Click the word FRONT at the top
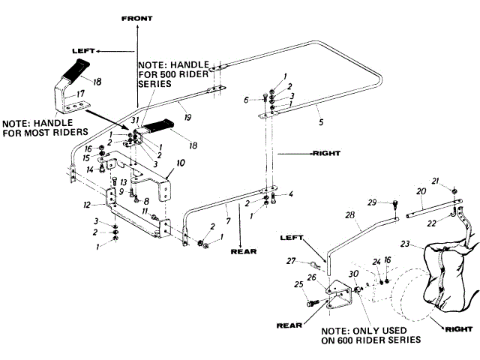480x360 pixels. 136,18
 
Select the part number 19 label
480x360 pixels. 187,117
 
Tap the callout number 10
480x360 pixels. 180,162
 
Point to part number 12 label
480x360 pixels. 87,205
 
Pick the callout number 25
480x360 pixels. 298,284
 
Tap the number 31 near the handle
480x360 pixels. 136,119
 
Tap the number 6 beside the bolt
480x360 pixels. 245,100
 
